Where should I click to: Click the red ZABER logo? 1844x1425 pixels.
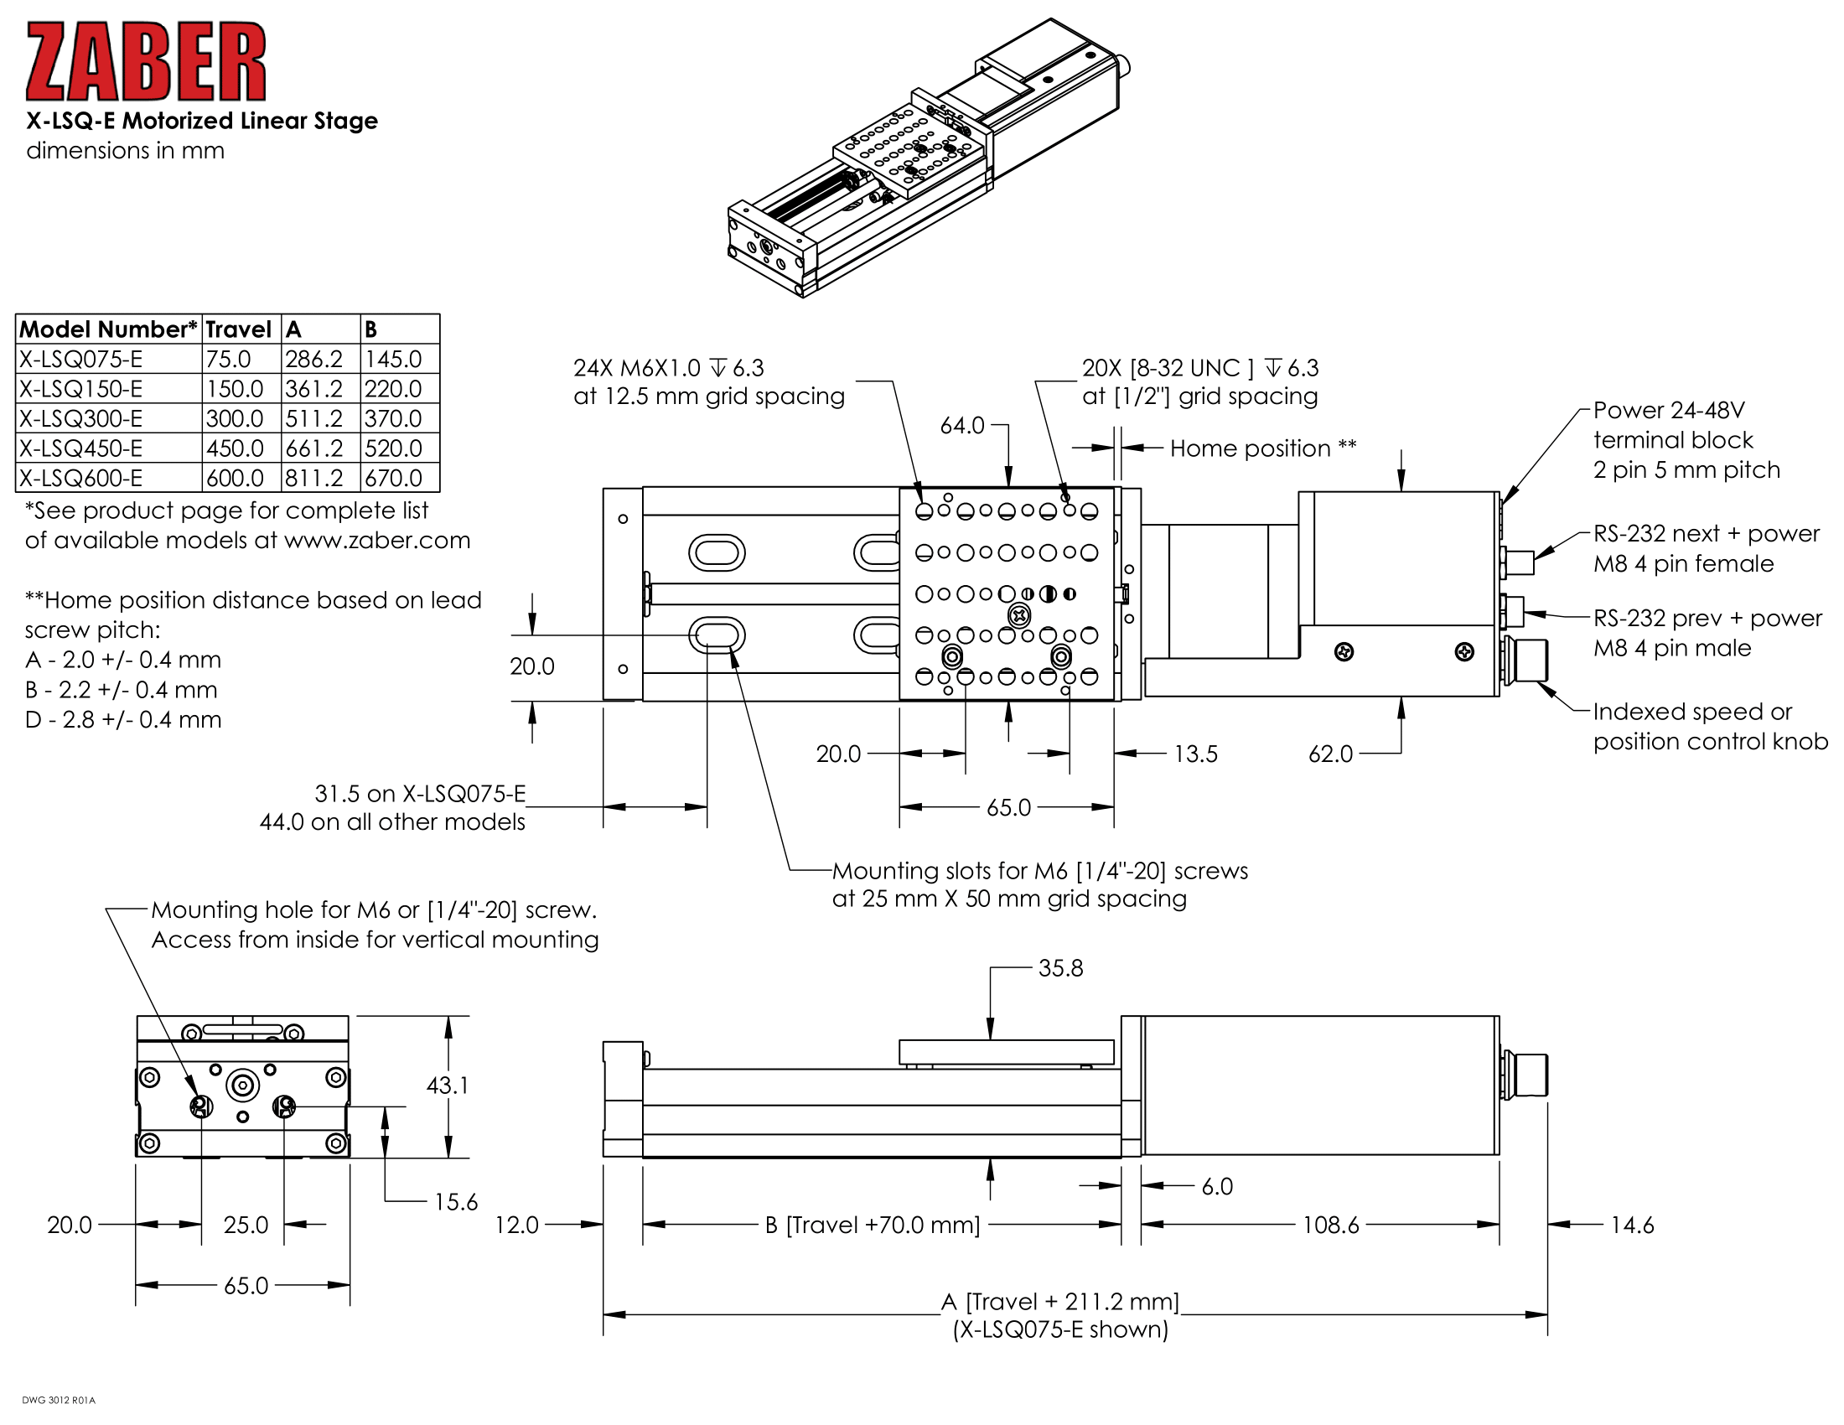click(x=145, y=63)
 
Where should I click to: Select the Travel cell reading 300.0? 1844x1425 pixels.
click(x=234, y=419)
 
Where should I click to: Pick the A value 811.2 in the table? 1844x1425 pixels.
click(x=313, y=478)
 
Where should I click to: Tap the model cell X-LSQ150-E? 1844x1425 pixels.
click(x=81, y=389)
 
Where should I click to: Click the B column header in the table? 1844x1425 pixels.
click(x=370, y=329)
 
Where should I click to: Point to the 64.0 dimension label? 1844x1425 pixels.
click(x=961, y=426)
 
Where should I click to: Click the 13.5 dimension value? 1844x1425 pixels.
click(x=1195, y=754)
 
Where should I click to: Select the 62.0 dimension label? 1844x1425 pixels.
click(x=1330, y=754)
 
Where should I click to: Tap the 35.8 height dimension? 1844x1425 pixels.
click(x=1060, y=968)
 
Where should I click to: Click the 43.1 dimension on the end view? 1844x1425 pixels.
click(x=447, y=1085)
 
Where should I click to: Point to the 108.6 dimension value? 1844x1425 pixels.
click(x=1331, y=1225)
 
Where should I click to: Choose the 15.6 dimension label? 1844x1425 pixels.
click(x=456, y=1201)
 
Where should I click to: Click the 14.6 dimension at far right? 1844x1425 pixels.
click(x=1632, y=1225)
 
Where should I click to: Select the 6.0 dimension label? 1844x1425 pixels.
click(x=1217, y=1187)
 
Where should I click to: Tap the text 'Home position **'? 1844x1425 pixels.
click(x=1263, y=448)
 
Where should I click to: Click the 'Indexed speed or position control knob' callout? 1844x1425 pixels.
click(x=1709, y=726)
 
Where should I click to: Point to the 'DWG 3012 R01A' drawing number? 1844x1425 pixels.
click(x=59, y=1401)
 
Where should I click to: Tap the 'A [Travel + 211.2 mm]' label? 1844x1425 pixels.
click(x=1060, y=1302)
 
